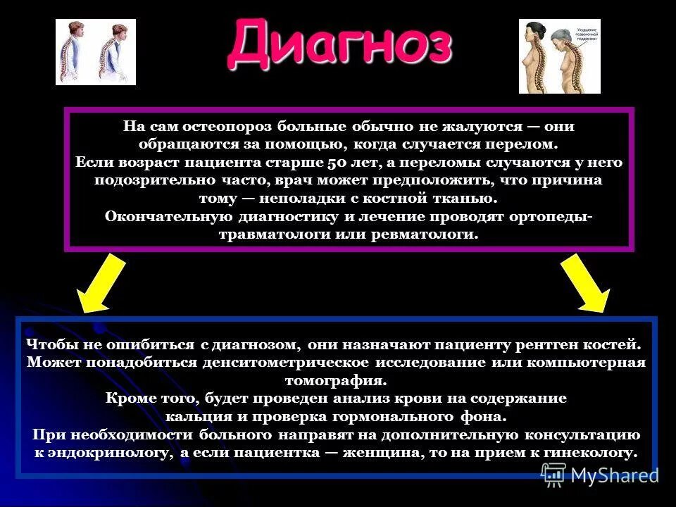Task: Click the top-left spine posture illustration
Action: tap(96, 52)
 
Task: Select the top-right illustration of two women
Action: tap(559, 56)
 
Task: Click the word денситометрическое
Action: tap(284, 363)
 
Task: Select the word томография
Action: tap(335, 381)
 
